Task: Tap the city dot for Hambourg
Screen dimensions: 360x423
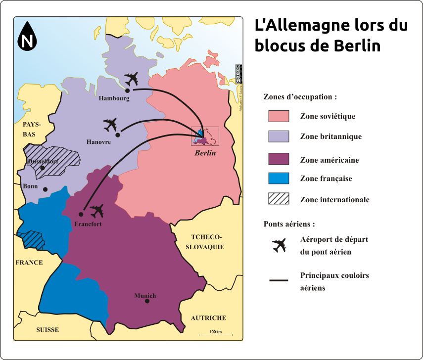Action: [x=127, y=90]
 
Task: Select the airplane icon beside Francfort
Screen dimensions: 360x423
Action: [x=97, y=211]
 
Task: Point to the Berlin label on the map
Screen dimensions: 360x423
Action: [x=205, y=153]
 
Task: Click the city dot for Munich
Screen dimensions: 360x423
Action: [x=147, y=301]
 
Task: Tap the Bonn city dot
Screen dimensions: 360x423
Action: [x=45, y=189]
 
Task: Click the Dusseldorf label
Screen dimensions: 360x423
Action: [x=43, y=162]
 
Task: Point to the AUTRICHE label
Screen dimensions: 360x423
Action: [x=208, y=318]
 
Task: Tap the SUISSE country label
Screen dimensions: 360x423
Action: [x=47, y=330]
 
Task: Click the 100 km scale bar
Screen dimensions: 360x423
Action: [x=215, y=335]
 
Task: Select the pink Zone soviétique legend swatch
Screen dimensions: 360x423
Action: [x=279, y=116]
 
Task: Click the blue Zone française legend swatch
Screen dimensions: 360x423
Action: [x=279, y=179]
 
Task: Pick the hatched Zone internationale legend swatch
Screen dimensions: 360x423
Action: [x=279, y=199]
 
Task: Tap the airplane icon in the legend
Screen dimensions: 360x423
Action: [x=279, y=245]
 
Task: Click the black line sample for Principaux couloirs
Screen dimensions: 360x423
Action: [x=279, y=281]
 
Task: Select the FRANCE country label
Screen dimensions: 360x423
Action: [x=29, y=263]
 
